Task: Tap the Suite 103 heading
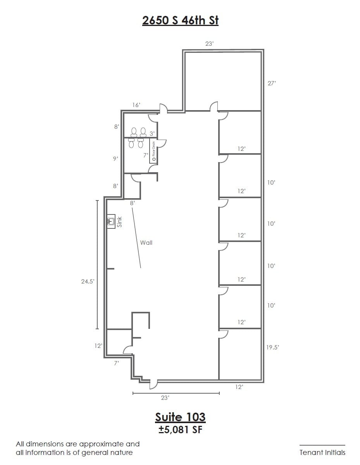click(180, 417)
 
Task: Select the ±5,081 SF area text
click(180, 430)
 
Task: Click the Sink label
click(119, 222)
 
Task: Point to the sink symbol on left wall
click(111, 222)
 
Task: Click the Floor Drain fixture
click(154, 150)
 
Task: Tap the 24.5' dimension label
click(88, 282)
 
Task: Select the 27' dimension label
click(271, 83)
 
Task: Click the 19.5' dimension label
click(272, 347)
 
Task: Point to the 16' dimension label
click(136, 105)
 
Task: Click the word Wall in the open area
click(146, 243)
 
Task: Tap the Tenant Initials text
click(322, 452)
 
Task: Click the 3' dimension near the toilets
click(152, 133)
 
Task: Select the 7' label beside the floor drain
click(146, 155)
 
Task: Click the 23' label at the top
click(209, 44)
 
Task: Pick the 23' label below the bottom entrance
click(165, 398)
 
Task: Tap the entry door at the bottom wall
click(153, 384)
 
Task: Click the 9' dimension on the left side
click(115, 159)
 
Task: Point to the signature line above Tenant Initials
click(322, 445)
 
